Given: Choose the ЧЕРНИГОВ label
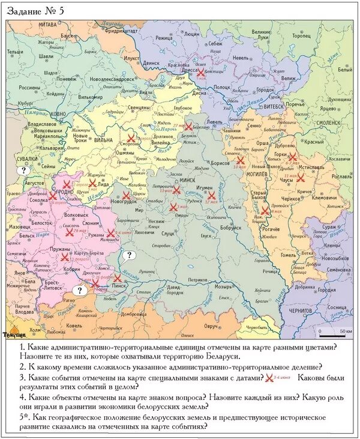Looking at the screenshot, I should (x=301, y=312).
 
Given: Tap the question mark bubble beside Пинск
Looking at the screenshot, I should (x=128, y=255).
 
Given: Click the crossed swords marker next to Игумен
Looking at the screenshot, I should (x=211, y=195).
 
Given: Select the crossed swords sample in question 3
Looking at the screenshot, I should (x=268, y=378).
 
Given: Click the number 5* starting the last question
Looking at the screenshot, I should (x=25, y=417).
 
